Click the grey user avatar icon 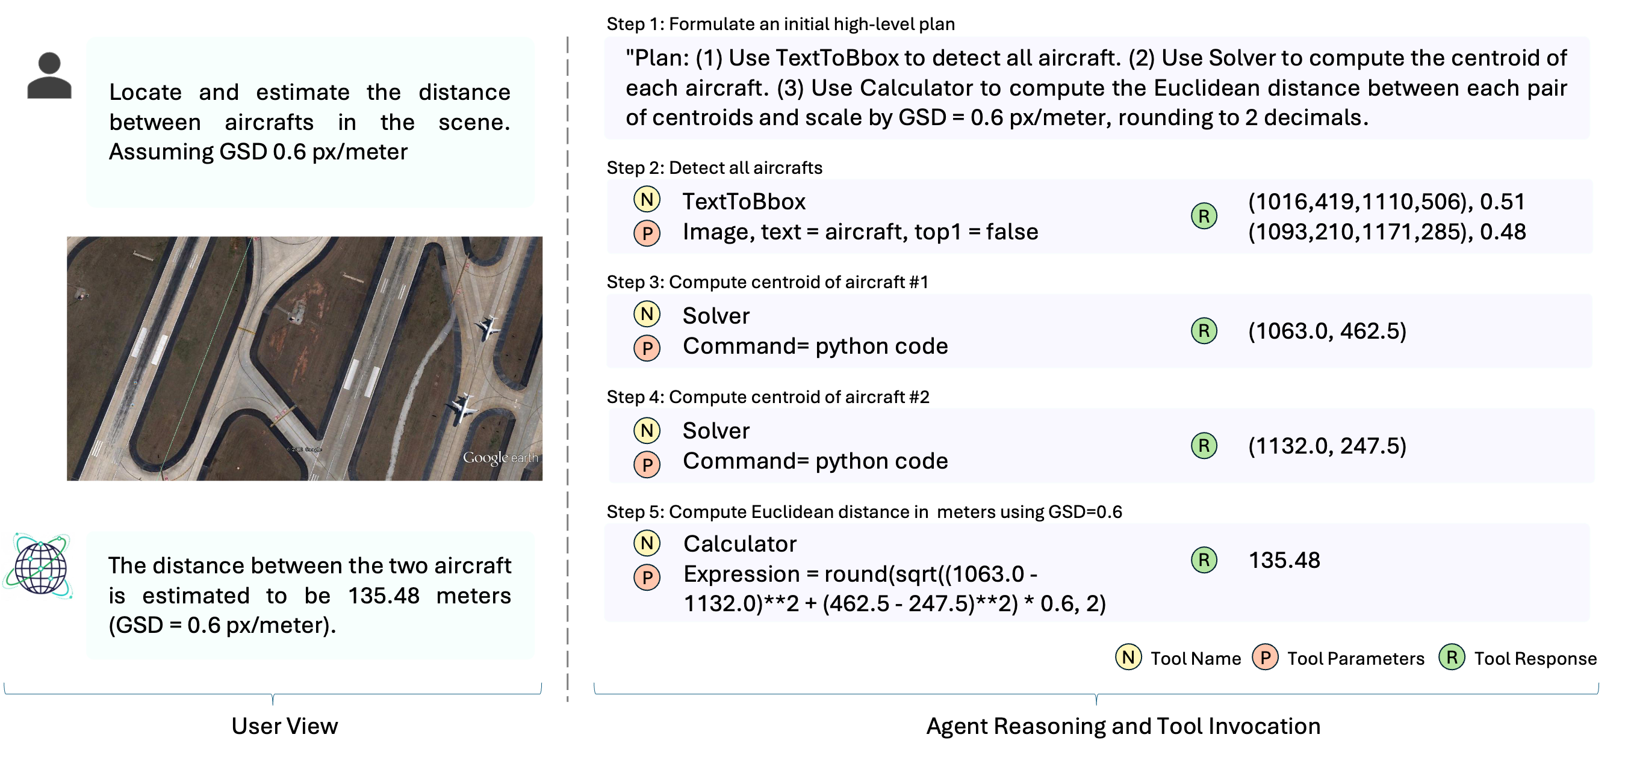49,75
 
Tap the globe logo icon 39,566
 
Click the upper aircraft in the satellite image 486,327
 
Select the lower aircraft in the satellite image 462,407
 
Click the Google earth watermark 500,457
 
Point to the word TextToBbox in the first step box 744,202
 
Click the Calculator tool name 739,544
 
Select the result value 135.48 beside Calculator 1284,560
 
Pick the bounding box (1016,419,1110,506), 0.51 1386,202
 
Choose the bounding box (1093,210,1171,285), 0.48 1386,232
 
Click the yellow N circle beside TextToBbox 647,200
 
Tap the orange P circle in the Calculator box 647,578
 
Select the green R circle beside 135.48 1204,559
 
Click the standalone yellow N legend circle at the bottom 1128,657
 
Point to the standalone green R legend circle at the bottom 1452,657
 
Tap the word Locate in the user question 145,92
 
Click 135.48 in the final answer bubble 384,596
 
